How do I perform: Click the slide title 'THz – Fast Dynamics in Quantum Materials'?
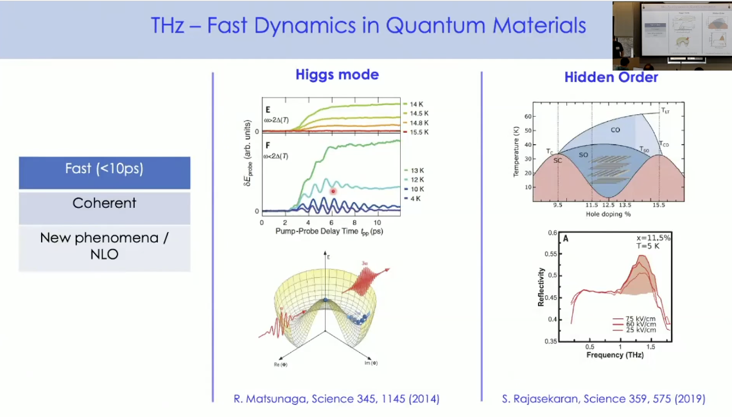pos(368,26)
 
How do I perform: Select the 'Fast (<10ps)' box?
pos(104,169)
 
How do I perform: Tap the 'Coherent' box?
pos(104,203)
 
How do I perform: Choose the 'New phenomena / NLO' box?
pos(104,246)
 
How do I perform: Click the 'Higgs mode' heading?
pos(337,74)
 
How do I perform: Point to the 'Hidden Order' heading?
pos(611,77)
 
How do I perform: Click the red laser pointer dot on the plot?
pos(333,191)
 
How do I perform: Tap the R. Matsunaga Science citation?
pos(336,399)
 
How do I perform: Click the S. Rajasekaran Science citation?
pos(603,399)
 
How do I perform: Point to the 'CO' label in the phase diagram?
pos(614,130)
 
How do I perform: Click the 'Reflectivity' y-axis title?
pos(541,287)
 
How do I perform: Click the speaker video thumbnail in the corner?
pos(672,35)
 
